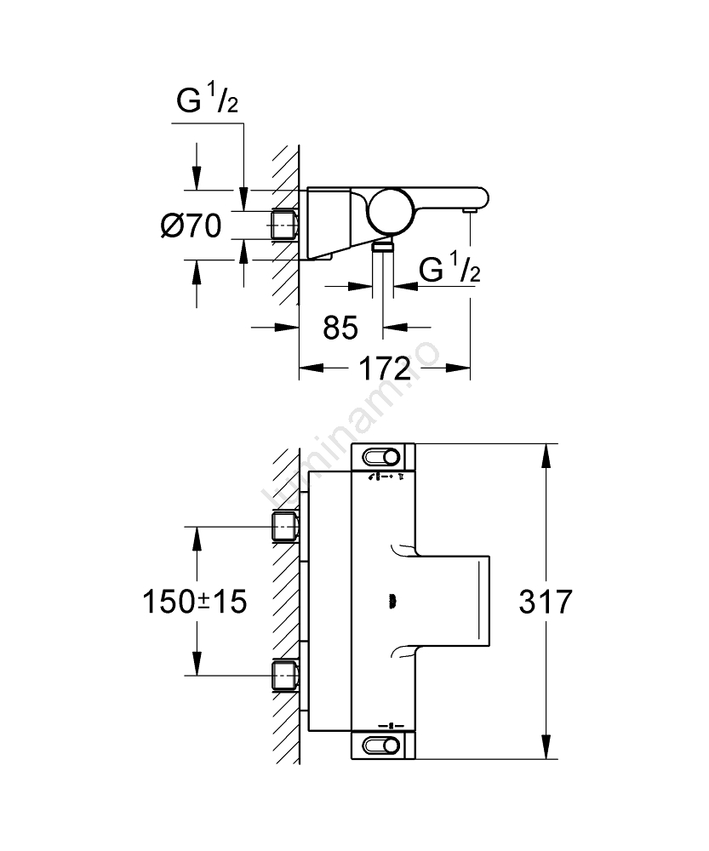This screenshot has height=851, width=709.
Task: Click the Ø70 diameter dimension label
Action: coord(192,226)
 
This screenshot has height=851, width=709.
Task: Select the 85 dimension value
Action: coord(340,327)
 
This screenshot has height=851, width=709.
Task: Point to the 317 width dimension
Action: coord(546,603)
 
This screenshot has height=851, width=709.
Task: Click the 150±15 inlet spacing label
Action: coord(194,603)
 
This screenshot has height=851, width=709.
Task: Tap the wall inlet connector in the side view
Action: coord(283,226)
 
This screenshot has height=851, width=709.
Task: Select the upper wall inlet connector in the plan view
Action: coord(283,527)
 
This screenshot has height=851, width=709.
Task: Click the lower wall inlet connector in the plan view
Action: coord(283,677)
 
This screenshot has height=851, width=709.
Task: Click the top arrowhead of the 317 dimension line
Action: coord(545,452)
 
